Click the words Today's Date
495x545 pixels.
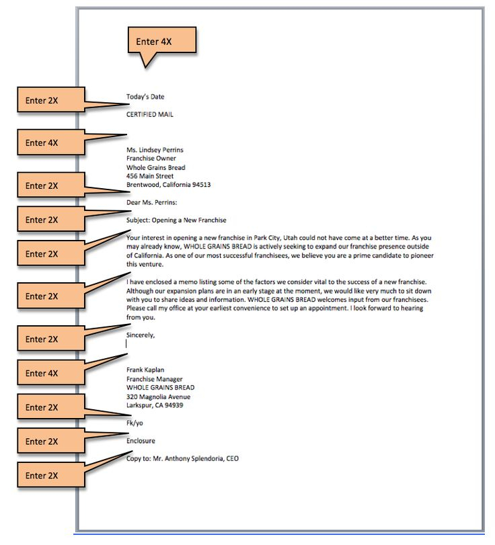pyautogui.click(x=145, y=97)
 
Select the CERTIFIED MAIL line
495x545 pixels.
pyautogui.click(x=150, y=114)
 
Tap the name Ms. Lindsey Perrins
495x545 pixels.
pyautogui.click(x=155, y=150)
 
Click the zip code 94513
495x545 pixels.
pyautogui.click(x=201, y=185)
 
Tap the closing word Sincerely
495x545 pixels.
pyautogui.click(x=140, y=334)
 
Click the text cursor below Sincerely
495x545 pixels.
pyautogui.click(x=127, y=343)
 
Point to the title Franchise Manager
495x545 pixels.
pyautogui.click(x=155, y=379)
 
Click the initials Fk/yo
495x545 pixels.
pyautogui.click(x=135, y=423)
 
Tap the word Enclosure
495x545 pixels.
pyautogui.click(x=141, y=441)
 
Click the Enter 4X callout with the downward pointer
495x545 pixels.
pyautogui.click(x=161, y=42)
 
